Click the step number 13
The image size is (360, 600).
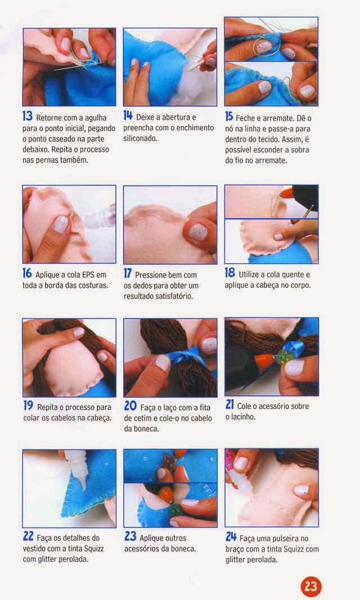coord(28,116)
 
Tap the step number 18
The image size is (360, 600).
coord(230,273)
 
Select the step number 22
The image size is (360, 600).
coord(28,536)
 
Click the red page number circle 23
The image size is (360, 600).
coord(310,587)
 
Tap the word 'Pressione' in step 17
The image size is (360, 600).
coord(151,275)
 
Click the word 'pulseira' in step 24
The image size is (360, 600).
coord(283,538)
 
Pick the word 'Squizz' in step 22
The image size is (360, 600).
coord(94,549)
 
